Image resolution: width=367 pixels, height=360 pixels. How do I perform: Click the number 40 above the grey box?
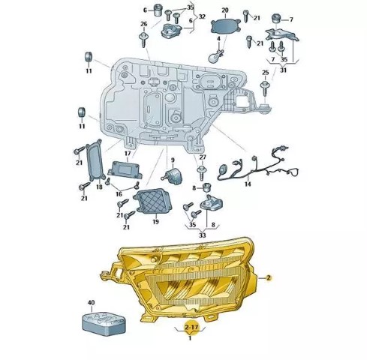tap(91, 302)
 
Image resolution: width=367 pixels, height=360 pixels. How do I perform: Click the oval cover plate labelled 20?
tap(226, 26)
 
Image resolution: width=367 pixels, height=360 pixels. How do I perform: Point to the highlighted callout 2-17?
tap(191, 327)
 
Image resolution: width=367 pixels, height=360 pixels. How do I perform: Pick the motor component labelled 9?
tap(172, 175)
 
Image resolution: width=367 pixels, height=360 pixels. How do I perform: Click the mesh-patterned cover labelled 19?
tap(152, 201)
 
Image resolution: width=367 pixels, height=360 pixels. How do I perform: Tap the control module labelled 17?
tap(125, 170)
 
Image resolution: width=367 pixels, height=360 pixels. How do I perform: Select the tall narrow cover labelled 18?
tap(95, 160)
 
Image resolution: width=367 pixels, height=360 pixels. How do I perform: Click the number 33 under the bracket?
tap(202, 235)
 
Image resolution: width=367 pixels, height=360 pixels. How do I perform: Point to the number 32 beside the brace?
tap(202, 16)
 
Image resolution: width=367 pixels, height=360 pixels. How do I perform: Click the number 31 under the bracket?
tap(283, 70)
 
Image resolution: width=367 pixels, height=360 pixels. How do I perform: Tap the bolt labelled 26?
tap(143, 40)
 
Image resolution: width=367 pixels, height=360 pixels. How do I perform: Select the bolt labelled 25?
tap(265, 88)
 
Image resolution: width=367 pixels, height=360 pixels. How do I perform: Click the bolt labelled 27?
tap(202, 172)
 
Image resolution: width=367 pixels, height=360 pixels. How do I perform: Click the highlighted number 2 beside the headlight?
tap(269, 277)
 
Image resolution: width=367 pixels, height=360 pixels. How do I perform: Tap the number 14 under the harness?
tap(248, 184)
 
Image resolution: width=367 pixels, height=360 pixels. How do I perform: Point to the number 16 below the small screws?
tap(119, 193)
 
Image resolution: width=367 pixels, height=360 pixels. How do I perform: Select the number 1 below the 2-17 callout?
tap(190, 338)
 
